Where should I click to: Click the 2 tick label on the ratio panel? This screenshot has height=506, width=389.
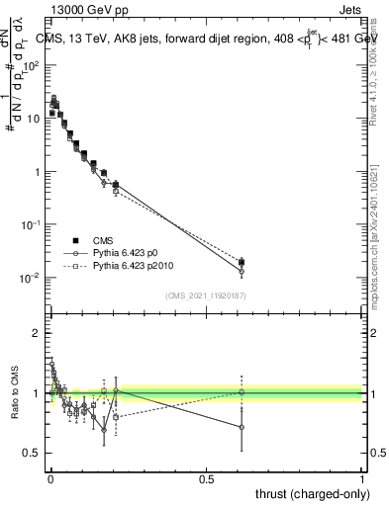[x=37, y=334]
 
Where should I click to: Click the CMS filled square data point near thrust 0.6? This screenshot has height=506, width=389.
[x=243, y=262]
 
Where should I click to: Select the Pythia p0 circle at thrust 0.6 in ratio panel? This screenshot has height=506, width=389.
[x=243, y=428]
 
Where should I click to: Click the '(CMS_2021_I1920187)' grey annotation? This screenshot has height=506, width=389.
[x=206, y=295]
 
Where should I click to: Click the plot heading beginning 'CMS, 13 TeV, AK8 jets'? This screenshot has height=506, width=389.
[x=198, y=39]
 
